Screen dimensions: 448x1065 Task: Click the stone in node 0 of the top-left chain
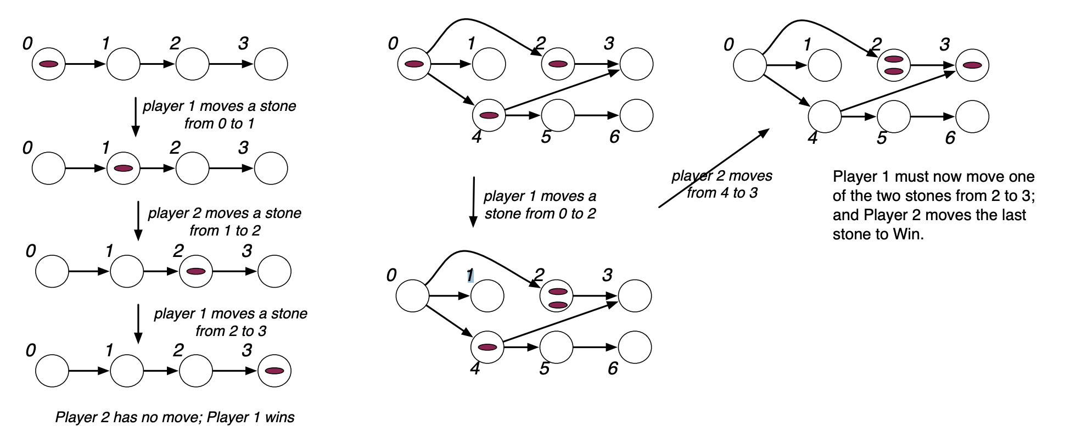49,64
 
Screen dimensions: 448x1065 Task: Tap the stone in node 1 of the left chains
124,168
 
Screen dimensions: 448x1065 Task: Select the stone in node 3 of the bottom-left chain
274,371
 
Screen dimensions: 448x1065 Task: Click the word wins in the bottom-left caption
279,417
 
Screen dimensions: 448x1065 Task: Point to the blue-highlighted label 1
470,275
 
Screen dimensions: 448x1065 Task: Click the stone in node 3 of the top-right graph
972,65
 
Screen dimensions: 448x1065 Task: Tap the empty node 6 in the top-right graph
972,116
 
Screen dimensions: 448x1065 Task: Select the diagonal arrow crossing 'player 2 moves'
714,168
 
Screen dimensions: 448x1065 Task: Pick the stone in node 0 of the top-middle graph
414,64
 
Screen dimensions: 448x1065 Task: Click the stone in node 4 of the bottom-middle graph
487,347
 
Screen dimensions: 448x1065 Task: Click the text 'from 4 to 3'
722,193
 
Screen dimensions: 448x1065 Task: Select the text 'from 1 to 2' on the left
225,231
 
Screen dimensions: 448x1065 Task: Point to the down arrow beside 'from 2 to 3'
138,323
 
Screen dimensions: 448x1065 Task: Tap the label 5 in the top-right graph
882,138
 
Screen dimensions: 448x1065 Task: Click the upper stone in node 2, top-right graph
894,59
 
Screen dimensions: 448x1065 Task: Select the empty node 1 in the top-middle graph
489,64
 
